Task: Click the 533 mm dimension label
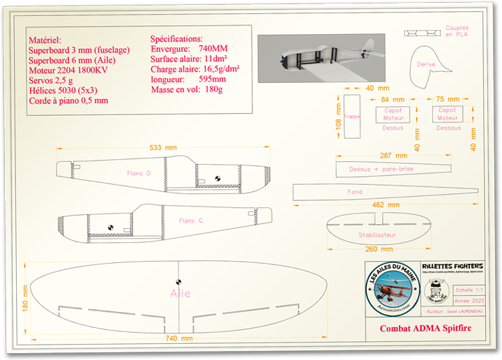(163, 147)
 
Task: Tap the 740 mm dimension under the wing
(179, 338)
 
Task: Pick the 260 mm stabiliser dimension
(379, 249)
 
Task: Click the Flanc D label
(139, 173)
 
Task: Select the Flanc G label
(190, 220)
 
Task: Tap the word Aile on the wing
(181, 294)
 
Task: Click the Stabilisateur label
(377, 235)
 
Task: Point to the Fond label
(355, 191)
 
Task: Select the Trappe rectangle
(352, 117)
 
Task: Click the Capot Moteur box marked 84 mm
(393, 114)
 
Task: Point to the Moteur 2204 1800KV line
(68, 70)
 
